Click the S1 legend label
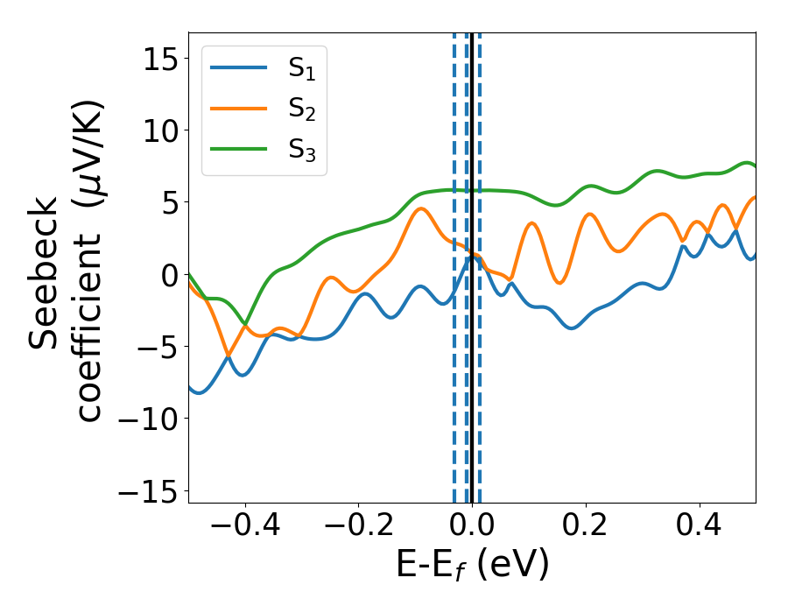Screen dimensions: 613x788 pyautogui.click(x=301, y=69)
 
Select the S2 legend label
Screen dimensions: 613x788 pyautogui.click(x=301, y=109)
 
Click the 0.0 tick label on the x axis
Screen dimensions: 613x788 pyautogui.click(x=472, y=529)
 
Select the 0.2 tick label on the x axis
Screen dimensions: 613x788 pyautogui.click(x=586, y=529)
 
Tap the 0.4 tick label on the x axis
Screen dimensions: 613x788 pyautogui.click(x=700, y=529)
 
